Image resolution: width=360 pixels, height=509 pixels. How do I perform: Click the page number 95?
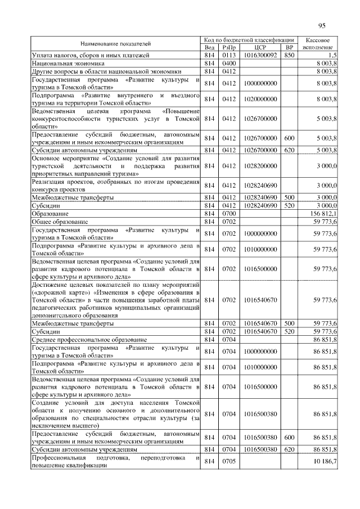(322, 25)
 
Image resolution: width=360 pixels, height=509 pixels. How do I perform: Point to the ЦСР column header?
(259, 47)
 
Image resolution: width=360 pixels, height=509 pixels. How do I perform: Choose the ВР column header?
(289, 47)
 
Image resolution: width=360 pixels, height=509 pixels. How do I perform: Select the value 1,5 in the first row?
(332, 55)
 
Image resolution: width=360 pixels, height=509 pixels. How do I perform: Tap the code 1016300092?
(259, 55)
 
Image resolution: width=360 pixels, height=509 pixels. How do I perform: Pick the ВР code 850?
(289, 55)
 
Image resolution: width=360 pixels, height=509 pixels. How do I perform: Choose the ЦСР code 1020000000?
(259, 99)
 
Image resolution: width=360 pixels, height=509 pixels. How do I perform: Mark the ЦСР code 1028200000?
(259, 166)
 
